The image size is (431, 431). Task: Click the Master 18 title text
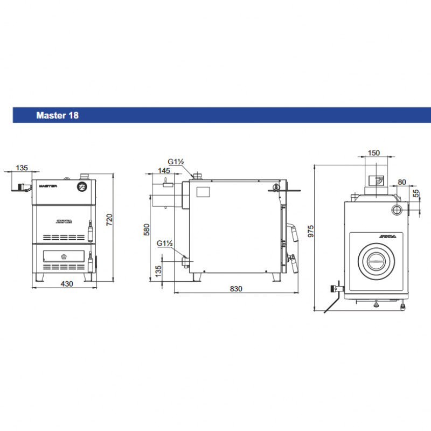pos(58,115)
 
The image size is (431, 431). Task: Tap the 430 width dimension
pos(67,284)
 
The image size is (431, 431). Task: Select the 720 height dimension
pos(109,220)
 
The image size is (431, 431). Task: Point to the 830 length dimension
pos(236,289)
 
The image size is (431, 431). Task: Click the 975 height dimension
pos(311,231)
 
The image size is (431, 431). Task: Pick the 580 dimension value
pos(147,230)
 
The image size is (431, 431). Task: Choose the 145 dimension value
pos(164,171)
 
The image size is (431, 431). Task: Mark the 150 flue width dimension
pos(374,153)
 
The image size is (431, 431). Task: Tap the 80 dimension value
pos(402,182)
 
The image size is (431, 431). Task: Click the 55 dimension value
pos(416,193)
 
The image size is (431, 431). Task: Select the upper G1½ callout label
pos(176,162)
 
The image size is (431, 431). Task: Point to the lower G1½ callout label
pos(165,244)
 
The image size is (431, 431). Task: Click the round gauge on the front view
pos(82,186)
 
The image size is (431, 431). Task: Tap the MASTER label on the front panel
pos(48,186)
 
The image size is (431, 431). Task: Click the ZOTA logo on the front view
pos(64,221)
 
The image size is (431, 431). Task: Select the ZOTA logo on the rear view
pos(387,237)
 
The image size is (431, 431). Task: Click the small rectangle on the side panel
pos(203,192)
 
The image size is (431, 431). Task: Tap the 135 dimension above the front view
pos(22,168)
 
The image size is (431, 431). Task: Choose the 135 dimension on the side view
pos(158,271)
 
